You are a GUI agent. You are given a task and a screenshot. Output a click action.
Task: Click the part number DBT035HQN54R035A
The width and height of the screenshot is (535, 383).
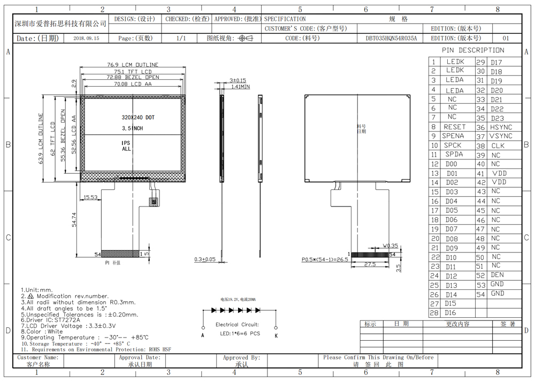click(391, 39)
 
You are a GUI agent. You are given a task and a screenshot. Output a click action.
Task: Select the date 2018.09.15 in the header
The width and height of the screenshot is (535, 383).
click(86, 39)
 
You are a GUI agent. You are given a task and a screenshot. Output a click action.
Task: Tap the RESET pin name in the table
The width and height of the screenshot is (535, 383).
click(455, 127)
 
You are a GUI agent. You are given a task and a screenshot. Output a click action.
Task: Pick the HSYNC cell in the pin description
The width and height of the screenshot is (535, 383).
click(501, 127)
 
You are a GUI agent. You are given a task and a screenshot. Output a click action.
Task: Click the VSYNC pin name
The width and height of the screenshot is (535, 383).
click(501, 136)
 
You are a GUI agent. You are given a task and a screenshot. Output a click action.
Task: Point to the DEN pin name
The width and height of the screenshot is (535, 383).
click(498, 275)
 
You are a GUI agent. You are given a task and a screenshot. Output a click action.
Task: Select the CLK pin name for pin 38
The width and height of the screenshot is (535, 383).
click(498, 145)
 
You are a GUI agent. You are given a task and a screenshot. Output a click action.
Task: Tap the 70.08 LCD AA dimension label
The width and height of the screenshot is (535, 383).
click(132, 84)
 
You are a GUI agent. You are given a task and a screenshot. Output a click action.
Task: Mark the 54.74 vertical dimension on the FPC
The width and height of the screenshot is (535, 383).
click(74, 220)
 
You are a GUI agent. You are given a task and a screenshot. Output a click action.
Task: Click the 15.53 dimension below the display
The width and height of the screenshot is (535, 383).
click(90, 198)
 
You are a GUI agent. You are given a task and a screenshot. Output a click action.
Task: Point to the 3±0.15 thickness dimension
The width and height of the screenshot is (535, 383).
click(238, 80)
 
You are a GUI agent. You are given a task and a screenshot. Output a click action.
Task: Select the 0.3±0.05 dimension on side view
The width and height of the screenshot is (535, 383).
click(205, 259)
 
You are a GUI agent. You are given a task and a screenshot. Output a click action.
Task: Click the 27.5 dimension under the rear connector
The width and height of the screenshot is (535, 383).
click(369, 265)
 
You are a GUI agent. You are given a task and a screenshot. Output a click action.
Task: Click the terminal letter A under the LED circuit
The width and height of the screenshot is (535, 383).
click(203, 335)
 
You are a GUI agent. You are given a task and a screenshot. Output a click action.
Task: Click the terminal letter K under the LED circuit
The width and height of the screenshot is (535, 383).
click(276, 335)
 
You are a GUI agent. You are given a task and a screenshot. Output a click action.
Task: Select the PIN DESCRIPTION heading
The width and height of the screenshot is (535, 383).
click(473, 50)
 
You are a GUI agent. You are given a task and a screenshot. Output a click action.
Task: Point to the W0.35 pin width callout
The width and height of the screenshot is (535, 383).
click(390, 246)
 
